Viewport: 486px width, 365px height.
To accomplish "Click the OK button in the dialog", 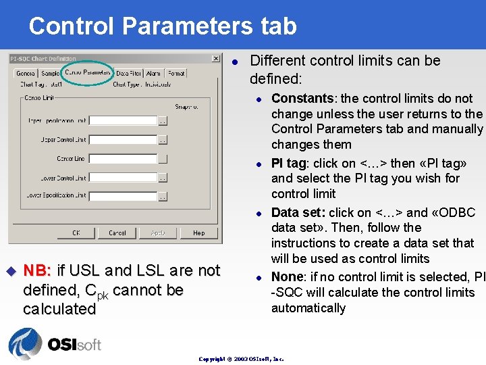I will (76, 233).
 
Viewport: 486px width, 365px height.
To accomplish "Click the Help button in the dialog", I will (198, 233).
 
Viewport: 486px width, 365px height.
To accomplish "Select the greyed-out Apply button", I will (158, 233).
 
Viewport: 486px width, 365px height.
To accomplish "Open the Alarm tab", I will (153, 73).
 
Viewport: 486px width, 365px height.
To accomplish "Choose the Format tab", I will (176, 73).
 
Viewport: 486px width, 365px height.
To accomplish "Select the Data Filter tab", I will (128, 73).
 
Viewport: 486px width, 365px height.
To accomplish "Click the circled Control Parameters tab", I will (87, 72).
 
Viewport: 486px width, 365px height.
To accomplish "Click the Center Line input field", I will (123, 159).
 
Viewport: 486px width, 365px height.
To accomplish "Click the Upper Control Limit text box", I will (123, 140).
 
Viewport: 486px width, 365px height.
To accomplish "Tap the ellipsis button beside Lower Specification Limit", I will (162, 197).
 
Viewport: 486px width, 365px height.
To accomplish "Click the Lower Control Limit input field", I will (123, 178).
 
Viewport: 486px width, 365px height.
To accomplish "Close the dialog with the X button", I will (215, 59).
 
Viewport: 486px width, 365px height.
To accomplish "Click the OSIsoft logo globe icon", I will (25, 343).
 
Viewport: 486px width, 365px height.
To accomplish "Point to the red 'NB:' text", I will (37, 271).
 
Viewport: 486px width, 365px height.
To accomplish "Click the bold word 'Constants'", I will (302, 99).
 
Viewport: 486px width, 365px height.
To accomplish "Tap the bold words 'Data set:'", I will (298, 213).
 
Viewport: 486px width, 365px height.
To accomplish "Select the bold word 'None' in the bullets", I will (286, 277).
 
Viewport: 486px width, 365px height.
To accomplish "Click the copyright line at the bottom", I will (241, 359).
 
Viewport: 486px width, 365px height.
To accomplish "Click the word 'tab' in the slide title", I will (273, 26).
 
